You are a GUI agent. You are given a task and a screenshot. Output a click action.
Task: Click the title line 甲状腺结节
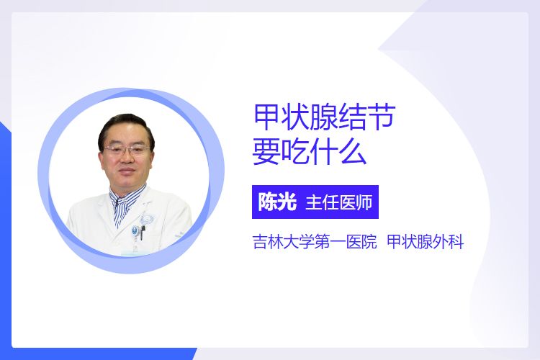324,118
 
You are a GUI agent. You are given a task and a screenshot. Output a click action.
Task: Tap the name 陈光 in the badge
277,202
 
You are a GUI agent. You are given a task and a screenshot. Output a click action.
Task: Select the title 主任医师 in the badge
339,202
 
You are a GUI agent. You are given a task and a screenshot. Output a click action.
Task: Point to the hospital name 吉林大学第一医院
315,242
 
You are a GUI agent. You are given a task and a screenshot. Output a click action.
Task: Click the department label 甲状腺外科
426,242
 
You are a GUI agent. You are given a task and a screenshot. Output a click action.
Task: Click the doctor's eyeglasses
126,150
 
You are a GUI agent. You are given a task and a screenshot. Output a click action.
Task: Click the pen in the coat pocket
143,232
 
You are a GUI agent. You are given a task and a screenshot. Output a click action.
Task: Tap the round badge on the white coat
135,230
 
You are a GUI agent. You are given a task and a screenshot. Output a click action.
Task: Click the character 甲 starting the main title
266,118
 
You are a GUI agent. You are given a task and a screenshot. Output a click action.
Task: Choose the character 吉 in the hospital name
261,242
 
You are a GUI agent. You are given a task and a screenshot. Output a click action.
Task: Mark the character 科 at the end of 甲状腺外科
456,242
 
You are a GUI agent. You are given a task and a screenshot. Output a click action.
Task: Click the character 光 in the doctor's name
287,202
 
